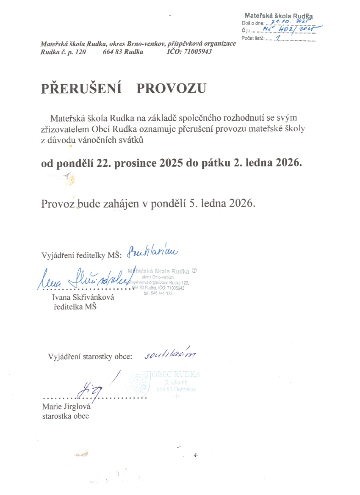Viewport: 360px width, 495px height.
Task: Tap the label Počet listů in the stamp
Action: (x=253, y=39)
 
